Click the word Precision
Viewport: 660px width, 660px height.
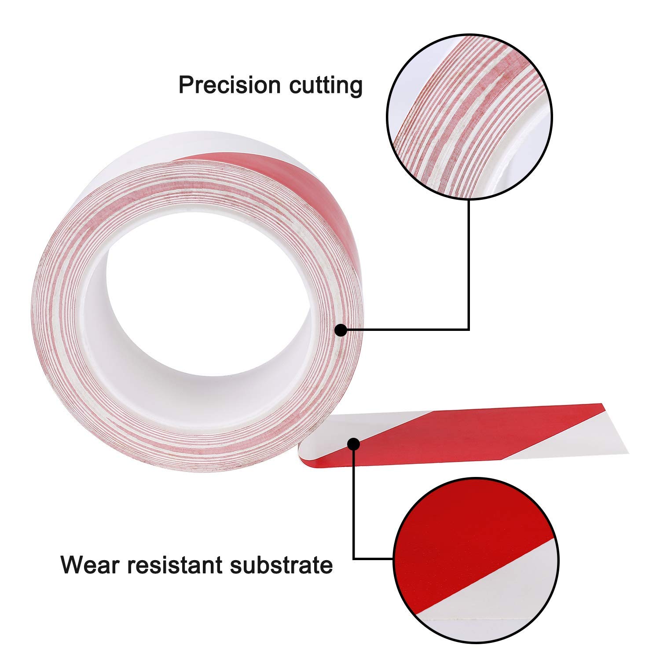[x=230, y=85]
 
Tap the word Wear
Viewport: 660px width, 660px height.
[x=90, y=565]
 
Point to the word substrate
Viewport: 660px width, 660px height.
[x=282, y=565]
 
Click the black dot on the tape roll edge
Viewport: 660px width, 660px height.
[x=341, y=330]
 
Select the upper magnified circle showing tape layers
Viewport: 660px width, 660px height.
[x=469, y=117]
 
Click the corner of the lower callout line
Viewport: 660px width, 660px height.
[x=354, y=559]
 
